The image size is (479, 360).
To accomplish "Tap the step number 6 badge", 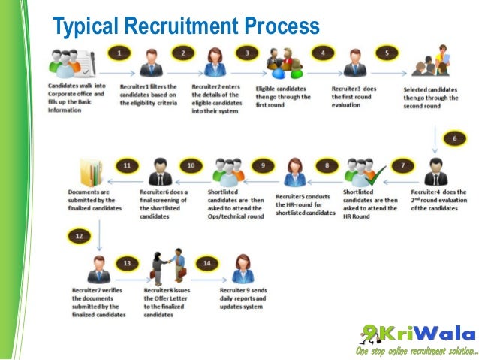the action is (x=454, y=139).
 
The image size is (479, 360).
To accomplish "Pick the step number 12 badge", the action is (x=80, y=236).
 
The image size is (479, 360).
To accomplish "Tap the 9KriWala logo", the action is (x=416, y=334).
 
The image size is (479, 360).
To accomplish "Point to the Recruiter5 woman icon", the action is (x=294, y=171).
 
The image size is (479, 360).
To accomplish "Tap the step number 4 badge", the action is (x=324, y=54).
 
